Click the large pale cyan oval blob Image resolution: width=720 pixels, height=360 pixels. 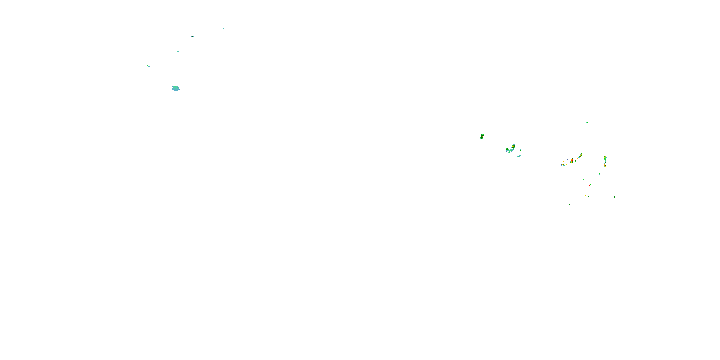tap(175, 88)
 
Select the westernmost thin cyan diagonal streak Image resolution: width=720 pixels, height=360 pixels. tap(148, 66)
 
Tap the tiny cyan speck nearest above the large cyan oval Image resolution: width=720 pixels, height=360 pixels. tap(178, 51)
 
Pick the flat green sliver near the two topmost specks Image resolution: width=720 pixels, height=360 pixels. tap(193, 36)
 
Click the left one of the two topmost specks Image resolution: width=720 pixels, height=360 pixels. tap(219, 28)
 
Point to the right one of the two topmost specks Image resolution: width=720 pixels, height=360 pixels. tap(224, 28)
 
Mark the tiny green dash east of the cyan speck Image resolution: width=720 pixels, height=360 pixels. tap(223, 60)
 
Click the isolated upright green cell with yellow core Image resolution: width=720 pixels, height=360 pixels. tap(482, 137)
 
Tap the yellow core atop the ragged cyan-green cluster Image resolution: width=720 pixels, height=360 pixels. tap(513, 146)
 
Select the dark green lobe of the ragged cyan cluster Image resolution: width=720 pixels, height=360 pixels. tap(507, 150)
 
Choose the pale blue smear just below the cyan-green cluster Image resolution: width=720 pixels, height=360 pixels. tap(519, 156)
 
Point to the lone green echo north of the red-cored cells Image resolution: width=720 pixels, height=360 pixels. tap(587, 122)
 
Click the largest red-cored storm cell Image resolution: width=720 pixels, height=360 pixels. tap(572, 161)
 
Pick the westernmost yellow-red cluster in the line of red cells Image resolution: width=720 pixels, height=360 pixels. tap(563, 165)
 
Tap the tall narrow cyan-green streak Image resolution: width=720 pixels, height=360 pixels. tap(605, 159)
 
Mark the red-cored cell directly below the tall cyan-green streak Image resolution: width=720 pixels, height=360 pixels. tap(605, 165)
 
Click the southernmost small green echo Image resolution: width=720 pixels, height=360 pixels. tap(570, 204)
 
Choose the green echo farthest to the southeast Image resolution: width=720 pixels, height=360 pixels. tap(614, 197)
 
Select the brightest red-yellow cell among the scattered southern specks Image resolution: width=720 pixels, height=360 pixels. tap(589, 185)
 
